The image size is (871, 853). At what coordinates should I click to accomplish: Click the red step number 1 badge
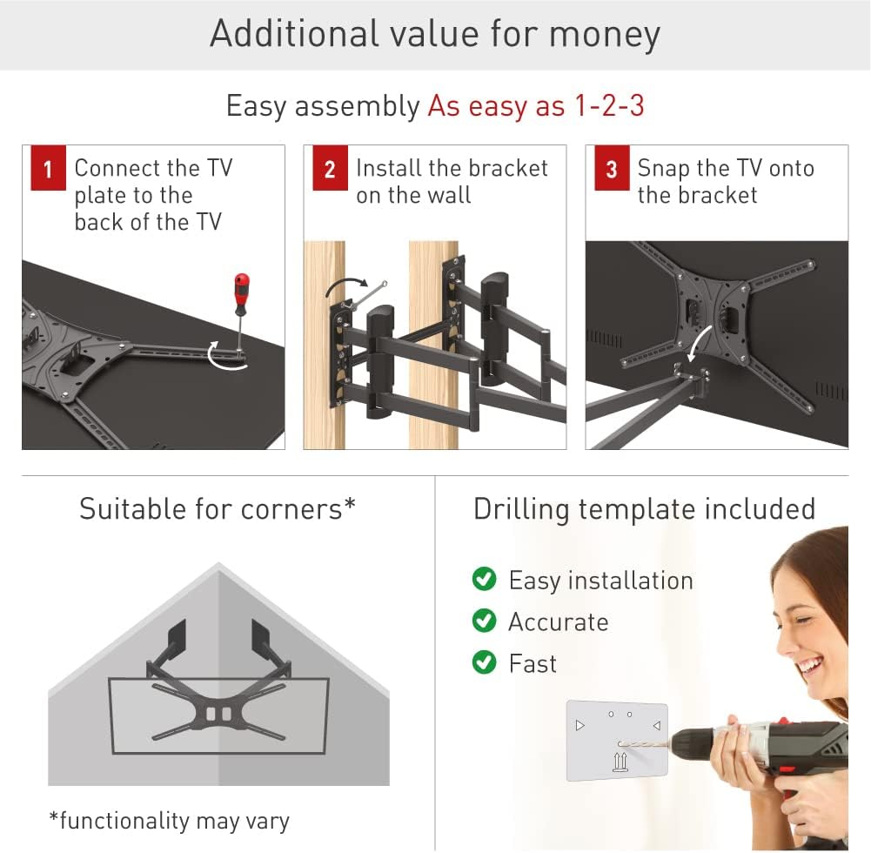[x=48, y=170]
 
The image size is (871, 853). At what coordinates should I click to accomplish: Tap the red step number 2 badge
[x=330, y=170]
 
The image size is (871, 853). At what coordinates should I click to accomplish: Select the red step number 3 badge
[x=612, y=170]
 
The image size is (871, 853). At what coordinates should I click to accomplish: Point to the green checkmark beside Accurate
[x=484, y=621]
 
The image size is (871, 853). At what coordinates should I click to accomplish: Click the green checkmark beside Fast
[x=484, y=663]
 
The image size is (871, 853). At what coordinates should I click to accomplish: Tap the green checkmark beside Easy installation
[x=484, y=580]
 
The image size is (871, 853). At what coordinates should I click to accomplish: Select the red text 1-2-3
[x=608, y=106]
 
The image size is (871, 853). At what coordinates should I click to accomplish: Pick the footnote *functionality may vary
[x=169, y=820]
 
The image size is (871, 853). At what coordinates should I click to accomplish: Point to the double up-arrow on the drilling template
[x=619, y=762]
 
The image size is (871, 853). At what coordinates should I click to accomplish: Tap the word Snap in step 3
[x=664, y=168]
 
